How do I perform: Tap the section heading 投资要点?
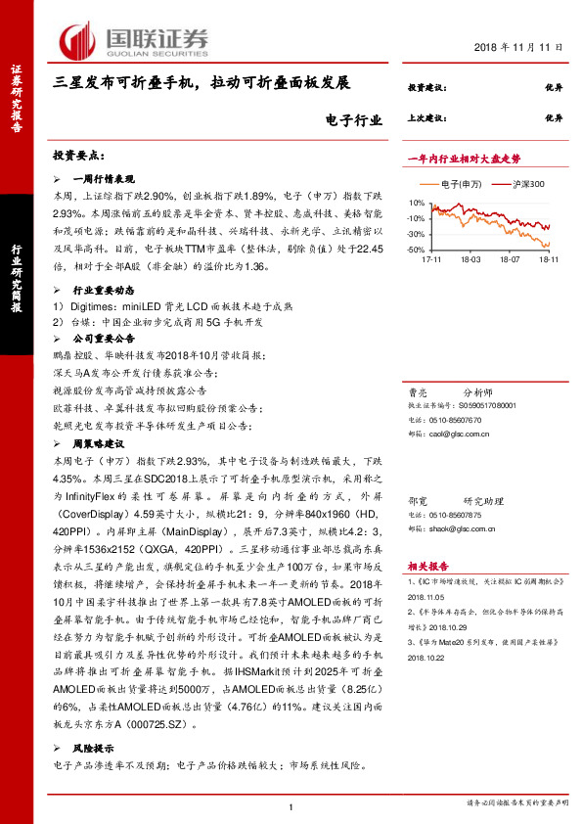[79, 156]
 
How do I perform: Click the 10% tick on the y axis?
[416, 204]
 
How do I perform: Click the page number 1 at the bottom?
[292, 806]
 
